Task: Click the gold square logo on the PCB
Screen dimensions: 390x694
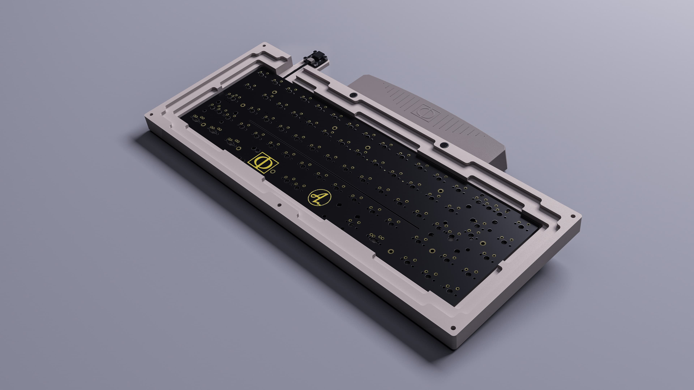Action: [x=263, y=162]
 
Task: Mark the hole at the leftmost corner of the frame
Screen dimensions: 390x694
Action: [x=151, y=114]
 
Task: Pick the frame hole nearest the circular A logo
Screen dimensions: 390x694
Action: [x=279, y=205]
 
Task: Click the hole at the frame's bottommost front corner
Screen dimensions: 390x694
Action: [x=453, y=328]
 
